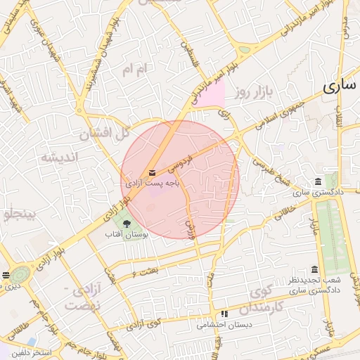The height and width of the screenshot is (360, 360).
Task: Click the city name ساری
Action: [341, 87]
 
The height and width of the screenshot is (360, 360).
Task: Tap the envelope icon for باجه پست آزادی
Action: [152, 172]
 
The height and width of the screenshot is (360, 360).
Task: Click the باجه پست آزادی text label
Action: [153, 183]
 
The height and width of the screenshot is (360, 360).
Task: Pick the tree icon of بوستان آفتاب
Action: [127, 224]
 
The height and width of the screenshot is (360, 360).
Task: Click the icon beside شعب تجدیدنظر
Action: [314, 269]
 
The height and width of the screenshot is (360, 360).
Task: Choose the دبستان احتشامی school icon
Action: [224, 314]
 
